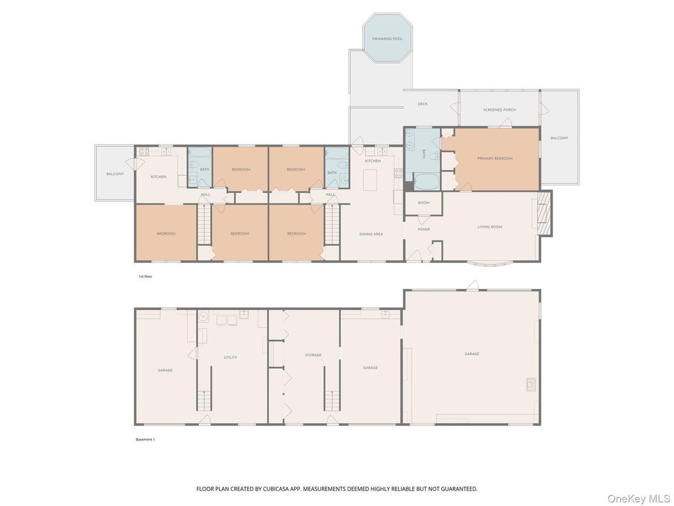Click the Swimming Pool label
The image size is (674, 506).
387,39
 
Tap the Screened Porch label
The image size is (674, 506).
499,110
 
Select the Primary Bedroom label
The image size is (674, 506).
495,159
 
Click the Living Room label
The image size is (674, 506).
490,227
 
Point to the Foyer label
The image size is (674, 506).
424,229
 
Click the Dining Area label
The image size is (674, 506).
371,234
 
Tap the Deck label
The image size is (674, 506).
423,104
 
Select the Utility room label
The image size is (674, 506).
231,357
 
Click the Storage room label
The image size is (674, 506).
313,355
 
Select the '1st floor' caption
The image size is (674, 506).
145,276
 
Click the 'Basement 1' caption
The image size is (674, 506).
145,439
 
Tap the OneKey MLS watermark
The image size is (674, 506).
638,498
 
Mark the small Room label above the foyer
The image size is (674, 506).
423,203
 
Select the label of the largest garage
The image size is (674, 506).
472,354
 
